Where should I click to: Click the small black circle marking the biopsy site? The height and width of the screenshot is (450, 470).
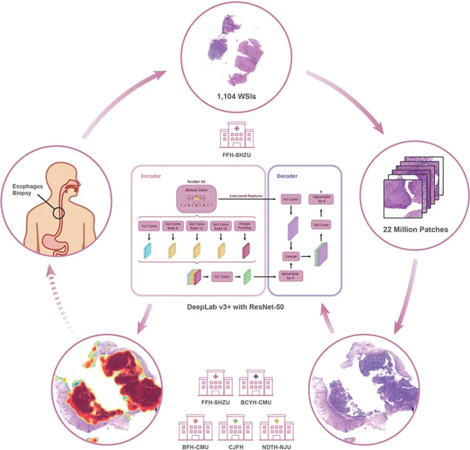(59, 213)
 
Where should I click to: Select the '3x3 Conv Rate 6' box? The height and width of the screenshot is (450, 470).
(173, 226)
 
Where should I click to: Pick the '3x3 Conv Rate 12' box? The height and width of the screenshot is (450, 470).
(196, 226)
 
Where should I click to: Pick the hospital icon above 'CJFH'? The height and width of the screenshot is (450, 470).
(235, 427)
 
